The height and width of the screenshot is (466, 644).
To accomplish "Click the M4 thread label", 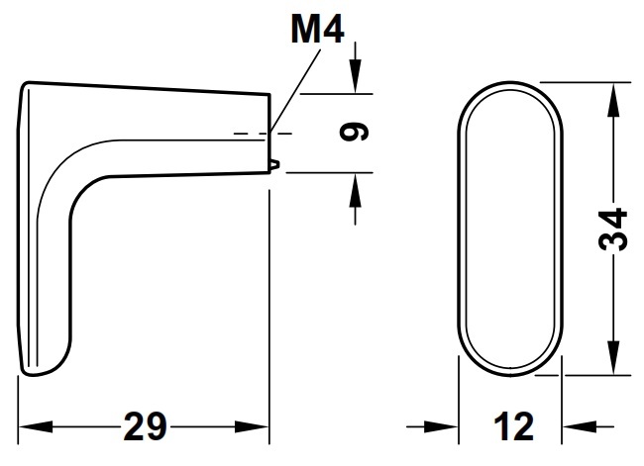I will pyautogui.click(x=317, y=32).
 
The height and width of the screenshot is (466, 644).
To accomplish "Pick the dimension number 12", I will pyautogui.click(x=510, y=428).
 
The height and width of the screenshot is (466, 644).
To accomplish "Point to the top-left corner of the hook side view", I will pyautogui.click(x=28, y=86).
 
